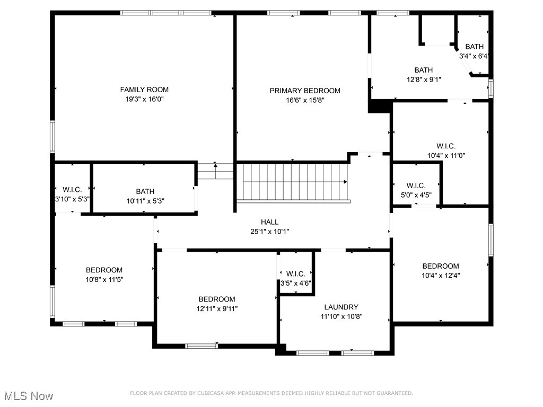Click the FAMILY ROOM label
144,90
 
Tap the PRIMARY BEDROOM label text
305,91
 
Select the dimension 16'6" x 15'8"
305,100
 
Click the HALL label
269,222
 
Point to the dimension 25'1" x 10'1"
269,232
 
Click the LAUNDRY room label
341,307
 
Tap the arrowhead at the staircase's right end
346,182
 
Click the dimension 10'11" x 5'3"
145,201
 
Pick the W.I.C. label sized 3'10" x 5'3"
72,190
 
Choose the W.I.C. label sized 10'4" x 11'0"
445,146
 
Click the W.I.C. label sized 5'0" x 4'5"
416,185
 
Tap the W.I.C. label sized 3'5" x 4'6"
295,274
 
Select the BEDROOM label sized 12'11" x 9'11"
216,299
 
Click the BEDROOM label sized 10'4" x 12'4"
441,266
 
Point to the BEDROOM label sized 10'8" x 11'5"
104,270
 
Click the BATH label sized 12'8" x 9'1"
423,70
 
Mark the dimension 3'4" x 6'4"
474,56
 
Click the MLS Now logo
29,396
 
